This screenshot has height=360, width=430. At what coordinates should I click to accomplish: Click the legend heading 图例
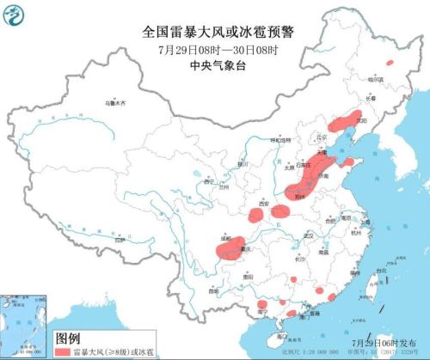(x=68, y=338)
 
